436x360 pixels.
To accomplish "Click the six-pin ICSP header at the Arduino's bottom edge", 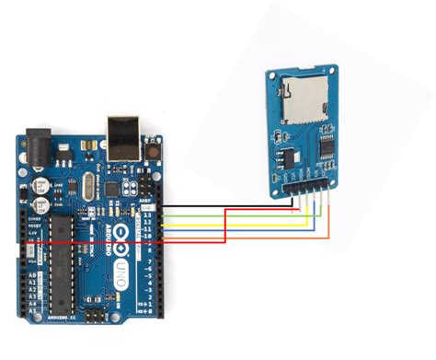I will [x=99, y=315].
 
